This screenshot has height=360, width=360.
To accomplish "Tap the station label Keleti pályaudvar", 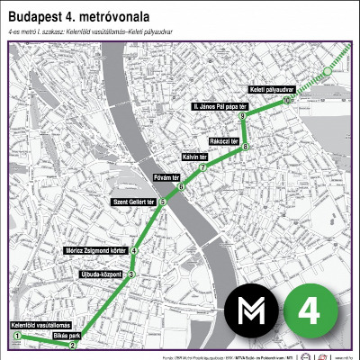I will [x=269, y=91].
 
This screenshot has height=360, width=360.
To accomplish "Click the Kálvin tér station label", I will [x=195, y=157].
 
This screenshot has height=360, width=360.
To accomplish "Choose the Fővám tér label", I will [x=167, y=177].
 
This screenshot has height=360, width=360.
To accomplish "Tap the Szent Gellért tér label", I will [x=135, y=201].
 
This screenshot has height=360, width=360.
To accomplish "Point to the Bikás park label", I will [x=67, y=335].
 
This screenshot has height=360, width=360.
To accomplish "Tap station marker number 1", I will [x=16, y=336].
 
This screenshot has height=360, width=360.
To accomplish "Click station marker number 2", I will [x=73, y=345].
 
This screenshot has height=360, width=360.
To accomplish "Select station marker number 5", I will [x=163, y=203].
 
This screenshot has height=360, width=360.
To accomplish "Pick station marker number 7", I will [x=203, y=167].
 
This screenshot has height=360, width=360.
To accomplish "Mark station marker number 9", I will [x=242, y=118].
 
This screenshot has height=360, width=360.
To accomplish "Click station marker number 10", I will [x=285, y=101].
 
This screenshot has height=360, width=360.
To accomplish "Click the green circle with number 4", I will [x=310, y=311].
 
